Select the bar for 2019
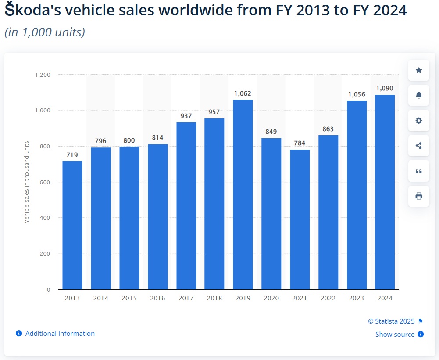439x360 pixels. click(x=243, y=195)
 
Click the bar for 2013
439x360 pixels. click(x=72, y=225)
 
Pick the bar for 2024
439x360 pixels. click(x=385, y=192)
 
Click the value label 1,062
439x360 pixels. click(x=243, y=93)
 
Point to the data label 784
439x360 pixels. click(x=300, y=143)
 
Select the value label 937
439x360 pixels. click(x=186, y=116)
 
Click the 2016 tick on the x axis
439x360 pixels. click(x=157, y=298)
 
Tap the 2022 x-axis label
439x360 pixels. click(x=328, y=298)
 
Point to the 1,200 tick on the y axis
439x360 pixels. click(x=43, y=75)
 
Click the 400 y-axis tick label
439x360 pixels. click(x=46, y=218)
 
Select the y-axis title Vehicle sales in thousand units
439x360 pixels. click(x=27, y=182)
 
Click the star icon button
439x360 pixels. click(x=419, y=70)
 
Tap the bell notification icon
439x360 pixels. click(x=419, y=95)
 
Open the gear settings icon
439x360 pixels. click(x=419, y=121)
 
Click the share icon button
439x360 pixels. click(x=419, y=146)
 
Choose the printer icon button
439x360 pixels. click(x=419, y=196)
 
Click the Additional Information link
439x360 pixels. click(x=60, y=334)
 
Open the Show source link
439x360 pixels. click(x=395, y=335)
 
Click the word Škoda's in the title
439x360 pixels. click(x=36, y=11)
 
